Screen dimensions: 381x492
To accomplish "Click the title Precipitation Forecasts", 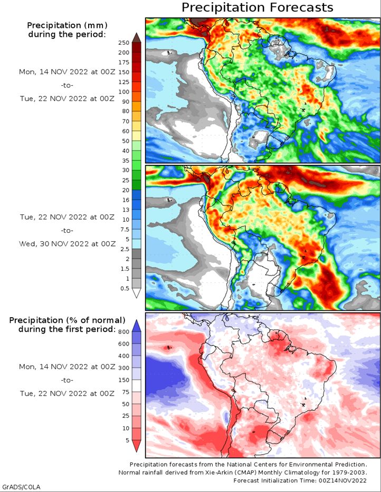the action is click(257, 7).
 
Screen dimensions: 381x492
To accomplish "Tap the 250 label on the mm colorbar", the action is click(124, 43).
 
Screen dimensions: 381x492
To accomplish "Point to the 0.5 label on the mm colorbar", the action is click(125, 288).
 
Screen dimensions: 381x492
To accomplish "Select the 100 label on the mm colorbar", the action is click(124, 92).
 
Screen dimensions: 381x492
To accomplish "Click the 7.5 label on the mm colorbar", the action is click(125, 229).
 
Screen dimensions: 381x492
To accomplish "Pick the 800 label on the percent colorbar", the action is click(124, 332).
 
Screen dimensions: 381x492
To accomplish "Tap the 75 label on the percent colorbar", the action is click(126, 392).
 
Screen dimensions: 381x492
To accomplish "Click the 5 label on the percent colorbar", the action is click(127, 440).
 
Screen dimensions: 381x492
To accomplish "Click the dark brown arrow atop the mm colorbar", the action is click(137, 37).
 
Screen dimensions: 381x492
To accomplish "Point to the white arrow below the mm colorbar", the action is click(137, 293).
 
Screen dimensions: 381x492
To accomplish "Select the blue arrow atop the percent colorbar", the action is click(137, 326).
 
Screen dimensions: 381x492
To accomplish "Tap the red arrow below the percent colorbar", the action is click(137, 446).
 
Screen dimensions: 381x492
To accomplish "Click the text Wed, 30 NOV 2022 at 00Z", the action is click(67, 244).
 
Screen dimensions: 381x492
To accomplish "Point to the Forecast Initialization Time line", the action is click(300, 480).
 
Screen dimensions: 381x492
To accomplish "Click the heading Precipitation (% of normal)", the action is click(67, 320).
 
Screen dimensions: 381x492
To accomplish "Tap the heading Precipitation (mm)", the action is click(67, 25).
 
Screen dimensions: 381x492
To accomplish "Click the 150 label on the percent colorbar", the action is click(124, 380).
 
